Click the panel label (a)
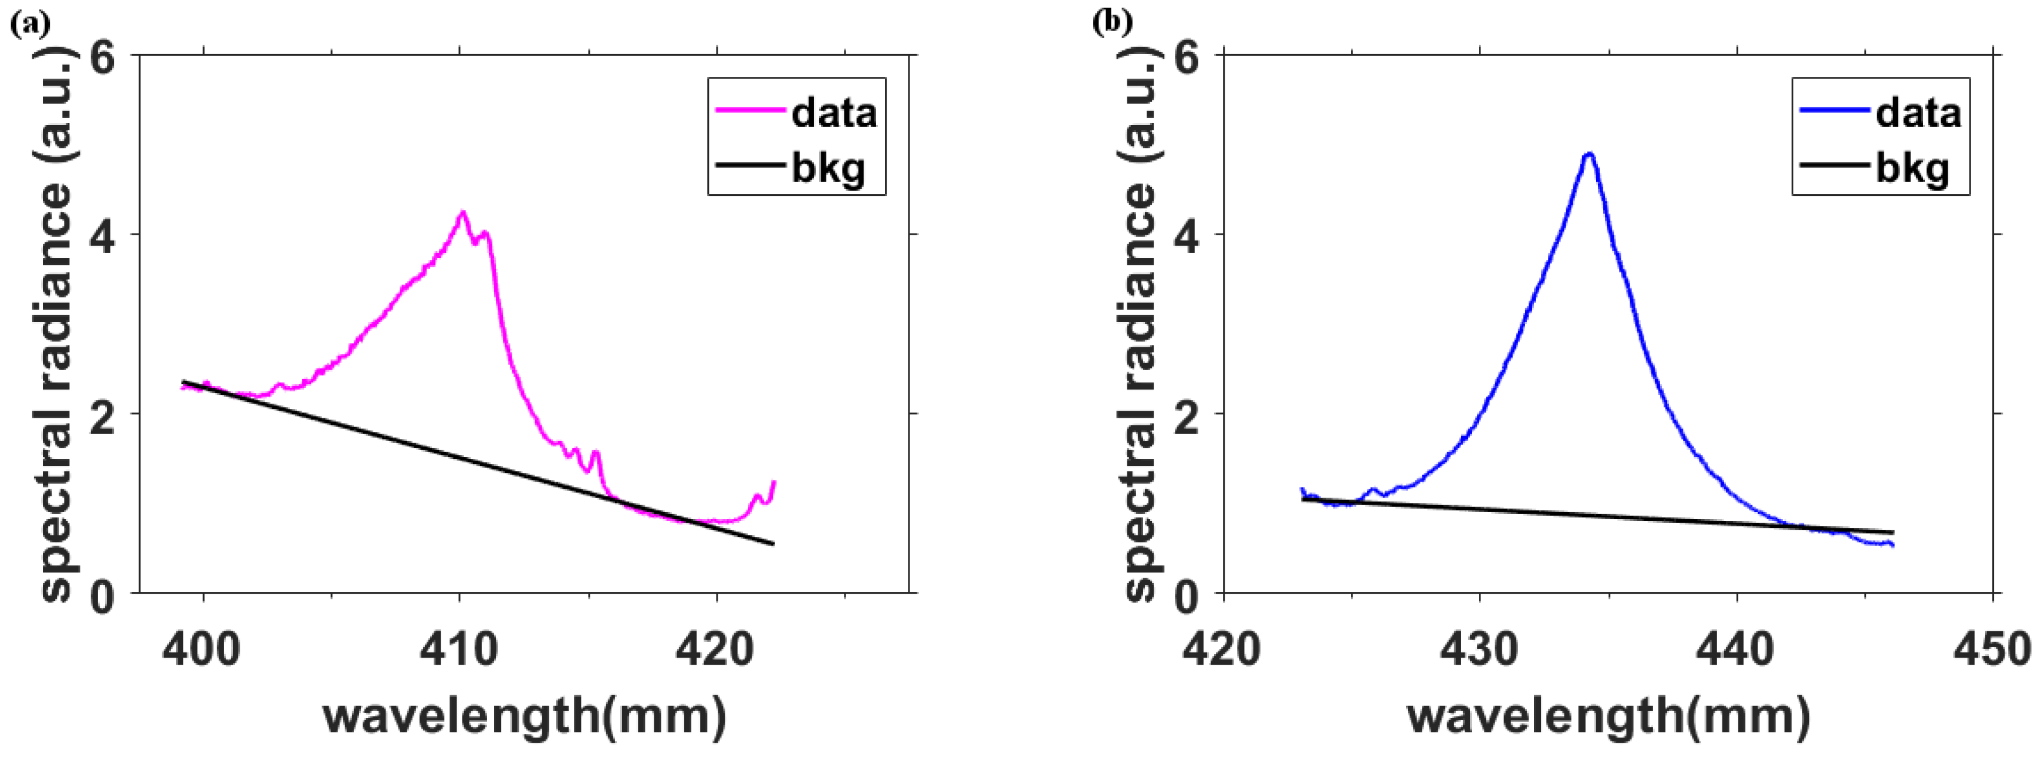pos(29,25)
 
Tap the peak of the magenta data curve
pos(462,212)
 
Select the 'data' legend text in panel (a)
pos(833,113)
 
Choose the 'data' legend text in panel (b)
pos(1917,113)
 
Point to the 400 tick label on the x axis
pos(201,650)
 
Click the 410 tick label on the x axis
pos(459,650)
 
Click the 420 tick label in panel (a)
pos(715,650)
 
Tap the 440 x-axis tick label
pos(1735,650)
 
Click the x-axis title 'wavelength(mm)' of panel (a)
pos(525,717)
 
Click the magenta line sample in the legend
pos(749,110)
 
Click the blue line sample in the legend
pos(1833,110)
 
